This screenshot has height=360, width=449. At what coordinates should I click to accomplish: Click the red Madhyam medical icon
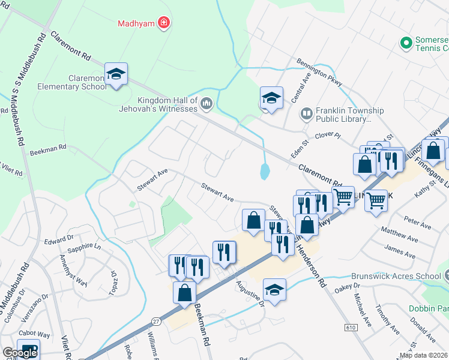pyautogui.click(x=163, y=23)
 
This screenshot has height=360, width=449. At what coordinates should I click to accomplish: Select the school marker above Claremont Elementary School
pyautogui.click(x=116, y=74)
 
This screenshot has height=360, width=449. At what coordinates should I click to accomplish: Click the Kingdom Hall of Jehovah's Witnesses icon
pyautogui.click(x=207, y=104)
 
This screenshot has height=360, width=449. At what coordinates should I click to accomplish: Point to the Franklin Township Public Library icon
pyautogui.click(x=307, y=113)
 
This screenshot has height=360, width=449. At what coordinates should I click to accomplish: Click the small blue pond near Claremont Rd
pyautogui.click(x=265, y=172)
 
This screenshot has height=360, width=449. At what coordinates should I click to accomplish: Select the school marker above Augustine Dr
pyautogui.click(x=274, y=290)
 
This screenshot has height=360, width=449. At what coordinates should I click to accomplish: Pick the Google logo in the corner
pyautogui.click(x=19, y=352)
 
